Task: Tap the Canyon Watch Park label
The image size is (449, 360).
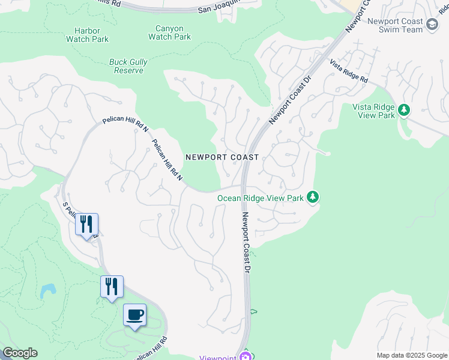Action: (169, 32)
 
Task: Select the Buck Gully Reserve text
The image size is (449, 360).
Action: (128, 66)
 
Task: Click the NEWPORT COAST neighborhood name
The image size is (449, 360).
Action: (222, 157)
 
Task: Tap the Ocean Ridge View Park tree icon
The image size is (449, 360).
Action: (312, 197)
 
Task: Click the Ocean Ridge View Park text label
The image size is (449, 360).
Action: (260, 197)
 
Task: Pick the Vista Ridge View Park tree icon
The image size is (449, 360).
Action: (405, 110)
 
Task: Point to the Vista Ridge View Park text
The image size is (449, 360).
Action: (373, 110)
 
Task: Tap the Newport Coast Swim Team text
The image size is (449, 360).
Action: (395, 26)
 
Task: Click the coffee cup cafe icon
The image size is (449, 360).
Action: (135, 315)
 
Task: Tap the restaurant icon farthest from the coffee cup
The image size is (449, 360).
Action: (86, 224)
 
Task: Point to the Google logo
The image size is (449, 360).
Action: (20, 353)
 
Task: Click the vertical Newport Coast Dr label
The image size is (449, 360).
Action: (246, 243)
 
